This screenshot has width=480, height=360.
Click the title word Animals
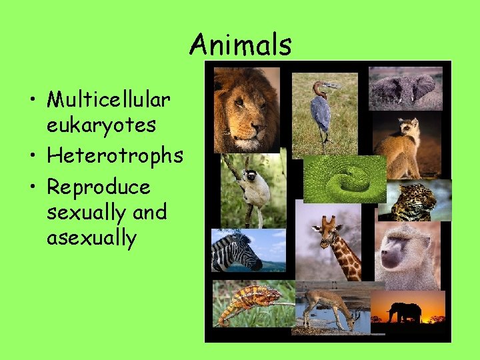pyautogui.click(x=241, y=45)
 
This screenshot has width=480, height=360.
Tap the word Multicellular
pyautogui.click(x=109, y=100)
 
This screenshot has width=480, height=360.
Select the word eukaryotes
pyautogui.click(x=101, y=125)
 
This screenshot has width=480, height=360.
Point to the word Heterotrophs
pyautogui.click(x=115, y=156)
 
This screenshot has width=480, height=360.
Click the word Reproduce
pyautogui.click(x=99, y=187)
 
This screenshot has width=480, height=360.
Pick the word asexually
pyautogui.click(x=91, y=237)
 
